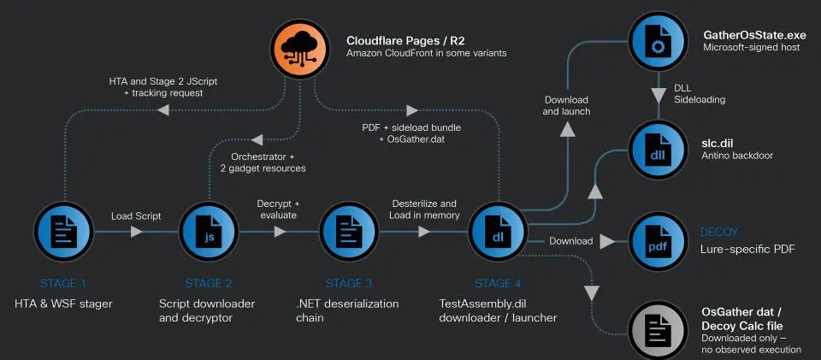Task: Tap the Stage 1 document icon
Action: [x=64, y=231]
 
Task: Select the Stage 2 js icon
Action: [x=209, y=231]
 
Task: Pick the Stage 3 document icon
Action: [x=349, y=231]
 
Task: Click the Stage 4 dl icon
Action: [x=498, y=231]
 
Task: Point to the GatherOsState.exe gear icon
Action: [x=658, y=41]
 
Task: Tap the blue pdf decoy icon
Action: [x=658, y=241]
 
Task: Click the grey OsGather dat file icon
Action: [x=658, y=330]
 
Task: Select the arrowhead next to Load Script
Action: [x=137, y=231]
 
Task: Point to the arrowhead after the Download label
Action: [x=607, y=241]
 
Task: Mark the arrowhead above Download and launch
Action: [x=566, y=131]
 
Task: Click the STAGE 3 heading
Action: [x=349, y=284]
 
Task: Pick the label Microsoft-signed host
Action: [x=752, y=47]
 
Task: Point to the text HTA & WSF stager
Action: [x=63, y=304]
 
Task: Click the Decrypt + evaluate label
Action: [x=277, y=210]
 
